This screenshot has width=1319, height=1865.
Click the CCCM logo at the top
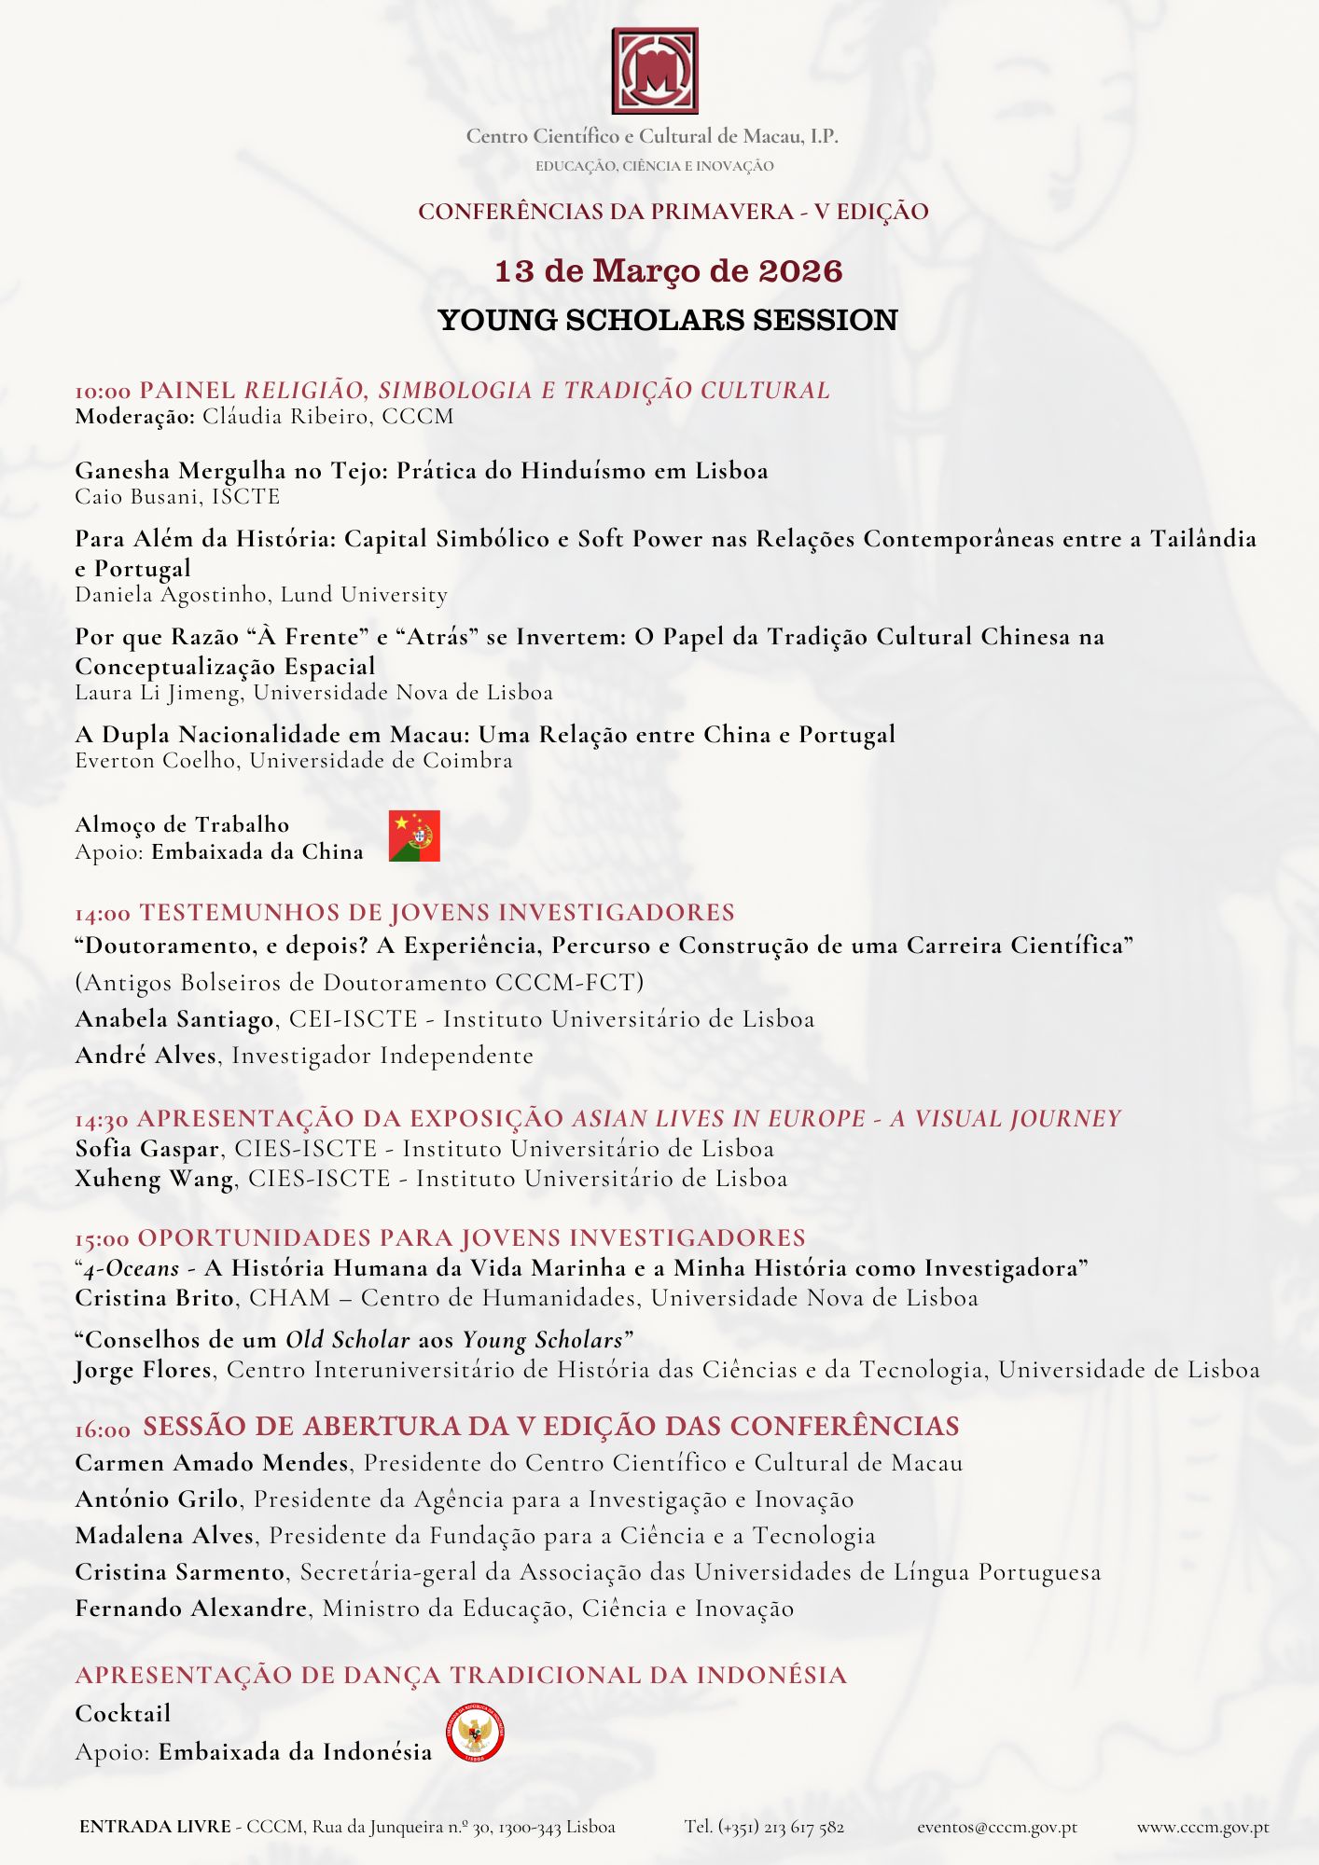(655, 71)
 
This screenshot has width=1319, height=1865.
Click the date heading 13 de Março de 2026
(668, 271)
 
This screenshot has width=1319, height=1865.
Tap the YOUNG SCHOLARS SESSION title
(668, 320)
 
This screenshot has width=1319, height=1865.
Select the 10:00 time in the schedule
(103, 392)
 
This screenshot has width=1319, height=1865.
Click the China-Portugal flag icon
(414, 836)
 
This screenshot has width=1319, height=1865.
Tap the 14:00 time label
(103, 914)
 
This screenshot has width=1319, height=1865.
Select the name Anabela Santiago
(174, 1019)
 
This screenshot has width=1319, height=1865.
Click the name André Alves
(146, 1056)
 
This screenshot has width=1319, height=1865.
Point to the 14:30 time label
(103, 1120)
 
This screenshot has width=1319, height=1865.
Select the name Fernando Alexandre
(191, 1609)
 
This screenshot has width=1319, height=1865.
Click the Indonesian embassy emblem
(475, 1734)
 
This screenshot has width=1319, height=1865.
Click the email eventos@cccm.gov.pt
(996, 1827)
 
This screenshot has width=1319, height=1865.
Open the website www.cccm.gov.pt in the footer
(1201, 1827)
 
